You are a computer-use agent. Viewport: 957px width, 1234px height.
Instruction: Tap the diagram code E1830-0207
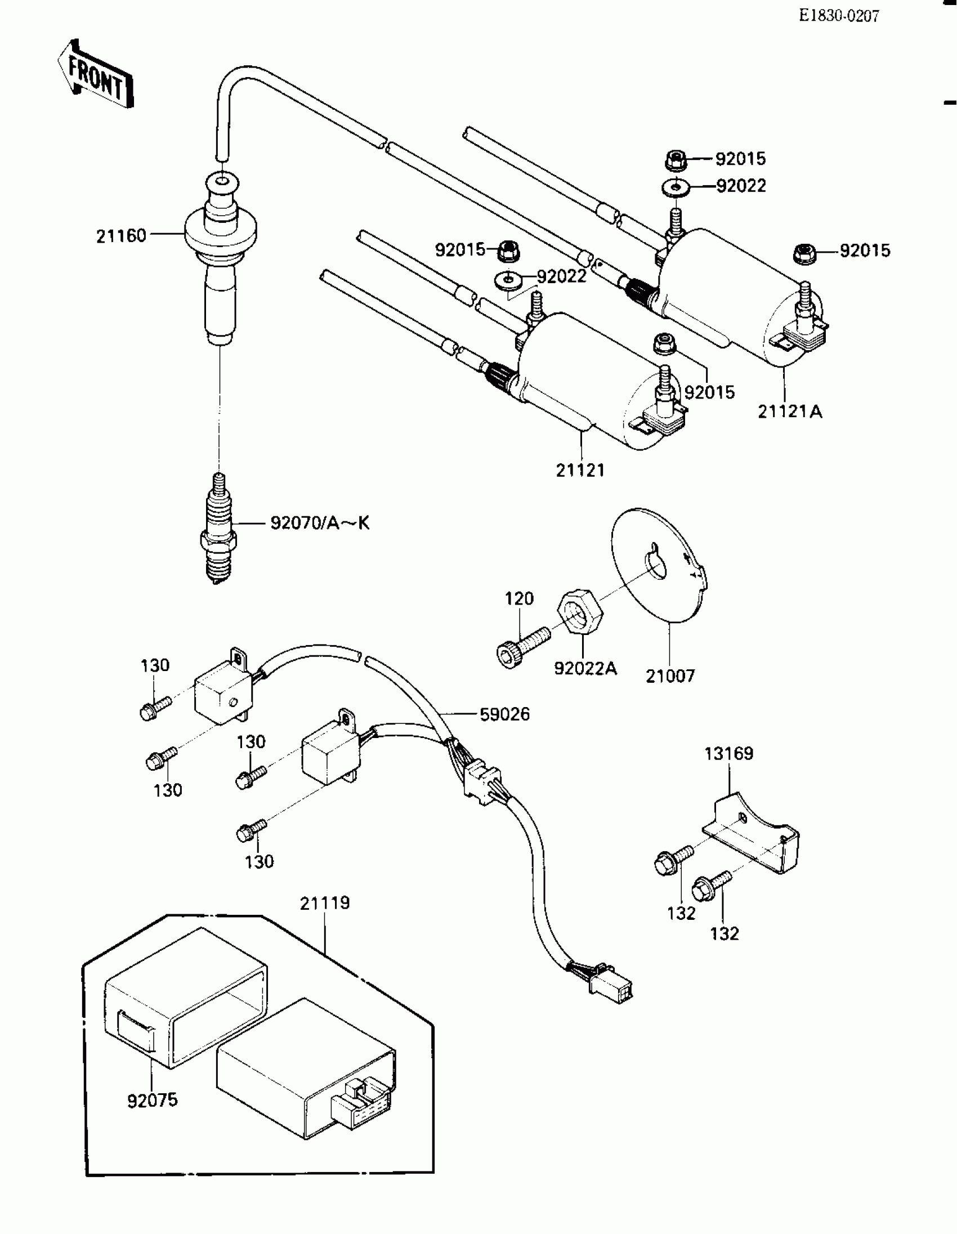coord(839,16)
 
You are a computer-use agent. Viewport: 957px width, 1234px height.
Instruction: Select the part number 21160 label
coord(121,236)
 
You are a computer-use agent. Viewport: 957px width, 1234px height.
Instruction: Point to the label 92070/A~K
coord(320,523)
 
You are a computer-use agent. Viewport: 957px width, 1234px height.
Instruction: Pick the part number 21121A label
coord(790,412)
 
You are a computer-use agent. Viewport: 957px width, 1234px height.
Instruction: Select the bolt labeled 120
coord(522,646)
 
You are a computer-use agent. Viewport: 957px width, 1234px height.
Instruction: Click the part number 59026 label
coord(504,714)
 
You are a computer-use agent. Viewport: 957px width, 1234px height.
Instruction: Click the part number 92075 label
coord(153,1100)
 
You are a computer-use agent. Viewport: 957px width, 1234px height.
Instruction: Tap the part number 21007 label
coord(670,676)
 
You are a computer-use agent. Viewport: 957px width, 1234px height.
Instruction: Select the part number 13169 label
coord(729,754)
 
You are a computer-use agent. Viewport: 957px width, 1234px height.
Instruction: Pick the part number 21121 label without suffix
coord(580,470)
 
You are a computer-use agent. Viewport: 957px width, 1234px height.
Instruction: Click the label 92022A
coord(585,668)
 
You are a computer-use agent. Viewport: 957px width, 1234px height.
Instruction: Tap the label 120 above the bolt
coord(519,598)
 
